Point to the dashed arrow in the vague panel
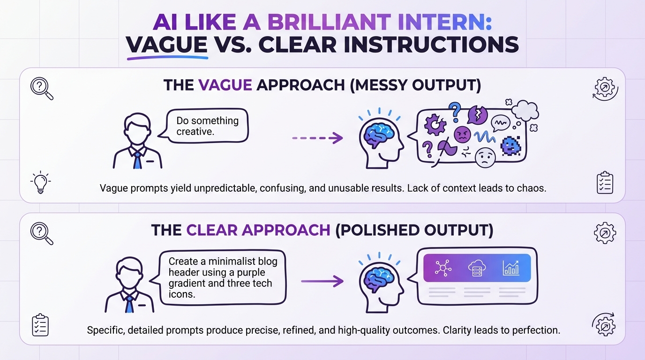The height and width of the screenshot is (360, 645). (x=317, y=138)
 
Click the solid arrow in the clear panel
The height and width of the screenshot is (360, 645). (x=322, y=281)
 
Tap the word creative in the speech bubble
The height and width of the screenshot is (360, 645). (x=195, y=132)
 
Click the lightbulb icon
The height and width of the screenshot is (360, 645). (x=41, y=183)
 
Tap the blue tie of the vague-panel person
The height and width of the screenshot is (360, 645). (x=137, y=158)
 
